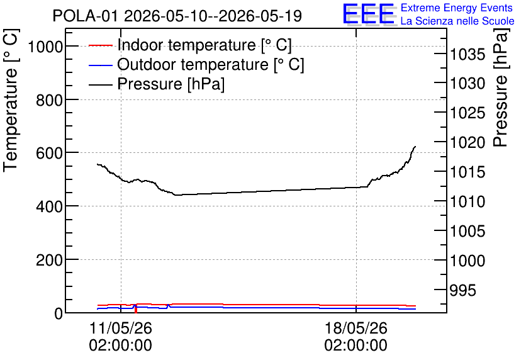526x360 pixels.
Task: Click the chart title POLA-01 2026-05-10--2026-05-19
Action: point(177,16)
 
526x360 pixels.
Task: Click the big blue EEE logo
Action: point(369,14)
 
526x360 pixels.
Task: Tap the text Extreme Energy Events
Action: point(457,8)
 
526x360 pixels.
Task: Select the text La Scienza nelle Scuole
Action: point(457,21)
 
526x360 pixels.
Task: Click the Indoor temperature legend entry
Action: point(190,45)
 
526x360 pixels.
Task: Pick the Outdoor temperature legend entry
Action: point(196,64)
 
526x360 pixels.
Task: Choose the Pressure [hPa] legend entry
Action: point(157,84)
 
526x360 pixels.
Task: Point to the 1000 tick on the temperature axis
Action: point(45,47)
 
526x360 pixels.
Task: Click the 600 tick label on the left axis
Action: point(49,153)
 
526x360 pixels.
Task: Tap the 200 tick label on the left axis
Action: point(49,260)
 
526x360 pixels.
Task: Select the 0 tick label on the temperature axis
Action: point(59,313)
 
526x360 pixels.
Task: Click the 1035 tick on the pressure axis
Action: point(467,54)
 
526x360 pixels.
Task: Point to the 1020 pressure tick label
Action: point(467,143)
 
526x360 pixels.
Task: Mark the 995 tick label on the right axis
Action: point(462,290)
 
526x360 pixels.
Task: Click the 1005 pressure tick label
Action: point(467,231)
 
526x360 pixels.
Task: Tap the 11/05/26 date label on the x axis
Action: point(120,328)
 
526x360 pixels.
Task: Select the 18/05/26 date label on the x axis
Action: point(356,328)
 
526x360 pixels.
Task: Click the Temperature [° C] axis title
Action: point(11,100)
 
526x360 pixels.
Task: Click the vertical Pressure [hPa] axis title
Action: point(501,87)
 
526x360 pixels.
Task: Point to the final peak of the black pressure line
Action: point(415,146)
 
